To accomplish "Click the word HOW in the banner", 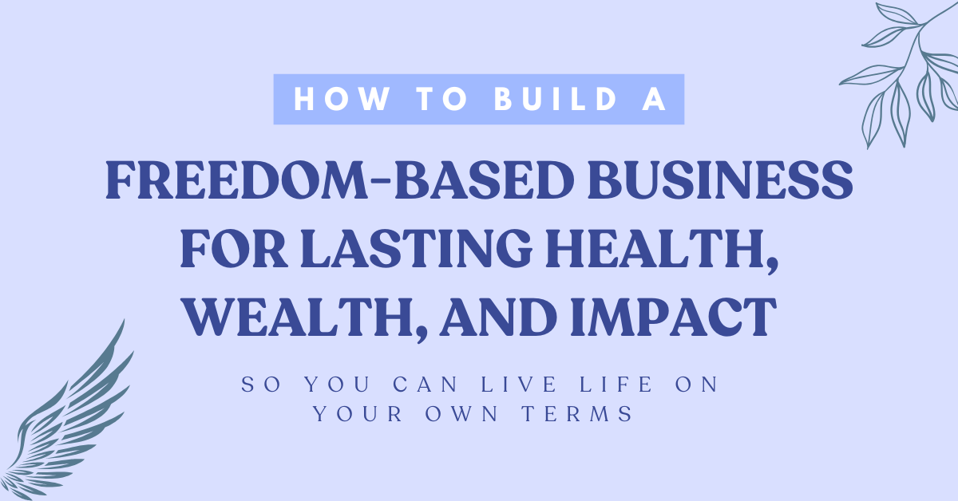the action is point(342,99).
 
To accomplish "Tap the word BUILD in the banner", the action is point(556,99).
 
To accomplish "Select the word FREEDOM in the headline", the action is point(236,180).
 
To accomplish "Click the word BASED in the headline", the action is point(484,180).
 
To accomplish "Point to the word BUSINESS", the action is point(720,180).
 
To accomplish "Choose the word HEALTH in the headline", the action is point(656,248).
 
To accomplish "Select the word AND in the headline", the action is point(498,318).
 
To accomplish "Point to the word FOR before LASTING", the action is point(233,248).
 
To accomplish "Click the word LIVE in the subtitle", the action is point(519,384).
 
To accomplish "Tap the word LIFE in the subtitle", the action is point(616,384).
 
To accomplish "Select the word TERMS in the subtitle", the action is point(578,414).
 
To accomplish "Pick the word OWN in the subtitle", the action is point(462,414).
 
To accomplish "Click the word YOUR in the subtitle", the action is point(358,414).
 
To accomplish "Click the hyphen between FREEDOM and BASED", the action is point(380,181).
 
